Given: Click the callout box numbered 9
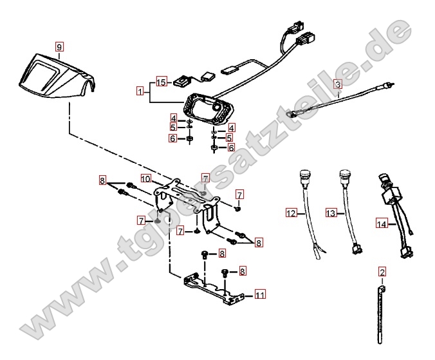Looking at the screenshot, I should (59, 46).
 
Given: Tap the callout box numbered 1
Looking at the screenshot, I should (140, 91).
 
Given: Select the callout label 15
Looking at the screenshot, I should (161, 82).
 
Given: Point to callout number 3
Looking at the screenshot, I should (337, 84).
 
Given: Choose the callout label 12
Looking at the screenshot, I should (291, 212).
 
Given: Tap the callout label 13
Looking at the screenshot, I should (331, 212).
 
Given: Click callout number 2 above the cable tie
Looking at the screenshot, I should (382, 272).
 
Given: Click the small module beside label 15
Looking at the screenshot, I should (184, 81).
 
